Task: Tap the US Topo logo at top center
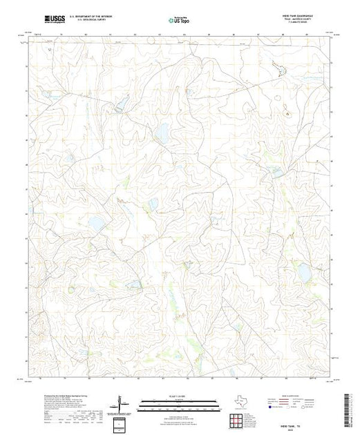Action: coord(180,20)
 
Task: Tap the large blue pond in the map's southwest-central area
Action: coord(96,224)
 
